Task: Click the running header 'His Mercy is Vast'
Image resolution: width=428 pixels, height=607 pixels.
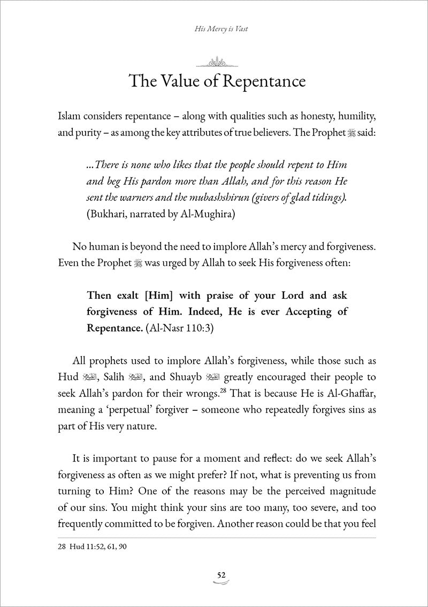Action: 213,30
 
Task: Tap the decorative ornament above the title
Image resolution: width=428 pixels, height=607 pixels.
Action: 213,62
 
